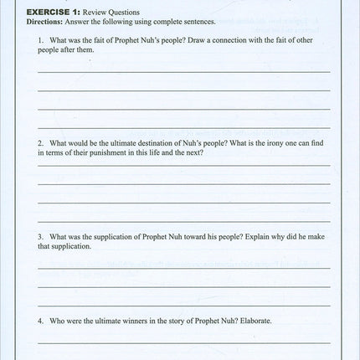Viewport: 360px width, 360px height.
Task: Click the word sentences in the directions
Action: point(197,21)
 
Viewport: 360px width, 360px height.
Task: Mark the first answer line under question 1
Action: point(183,72)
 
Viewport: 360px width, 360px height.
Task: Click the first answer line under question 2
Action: point(183,166)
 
